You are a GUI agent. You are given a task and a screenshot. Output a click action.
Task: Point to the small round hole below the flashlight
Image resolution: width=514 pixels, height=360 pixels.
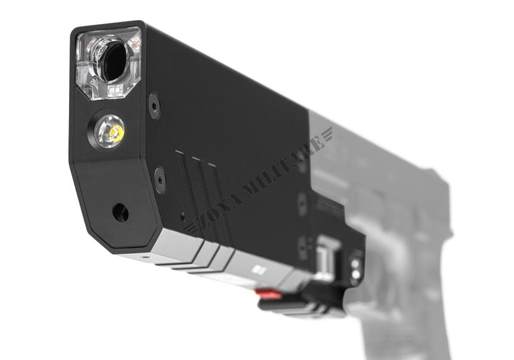click(x=121, y=213)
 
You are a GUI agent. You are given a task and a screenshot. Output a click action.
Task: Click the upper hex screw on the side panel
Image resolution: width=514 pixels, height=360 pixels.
click(x=154, y=105)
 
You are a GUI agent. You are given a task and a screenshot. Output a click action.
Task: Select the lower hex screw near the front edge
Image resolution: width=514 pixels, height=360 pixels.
click(x=159, y=180)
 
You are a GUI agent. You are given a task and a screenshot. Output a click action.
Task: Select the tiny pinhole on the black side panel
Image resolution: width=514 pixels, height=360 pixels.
click(x=182, y=217)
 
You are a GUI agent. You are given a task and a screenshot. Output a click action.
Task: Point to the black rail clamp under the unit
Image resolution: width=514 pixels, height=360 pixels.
click(x=302, y=305)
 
